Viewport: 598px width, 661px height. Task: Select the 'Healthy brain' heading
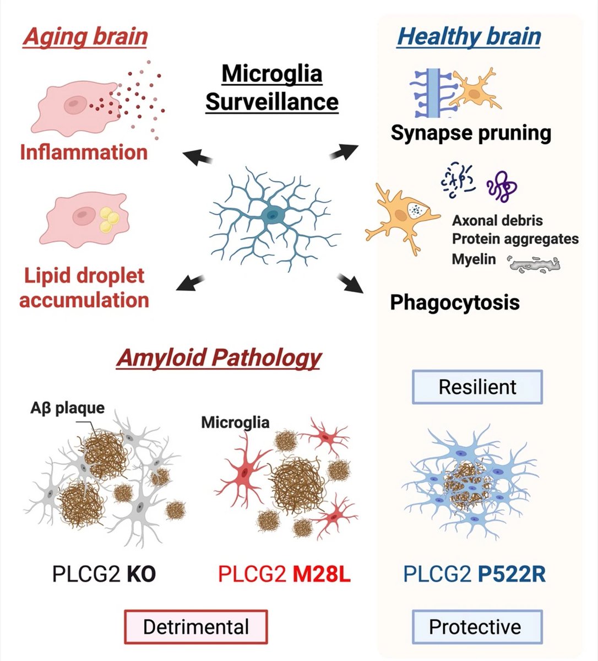click(469, 36)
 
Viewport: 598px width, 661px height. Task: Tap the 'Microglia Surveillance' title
click(271, 88)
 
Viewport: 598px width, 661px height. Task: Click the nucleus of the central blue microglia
click(270, 215)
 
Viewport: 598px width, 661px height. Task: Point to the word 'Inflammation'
click(84, 152)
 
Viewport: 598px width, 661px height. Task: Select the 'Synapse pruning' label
click(471, 133)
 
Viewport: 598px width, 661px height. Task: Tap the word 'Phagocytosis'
click(454, 302)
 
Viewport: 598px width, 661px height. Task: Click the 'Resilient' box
click(477, 387)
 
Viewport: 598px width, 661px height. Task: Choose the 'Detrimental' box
click(195, 627)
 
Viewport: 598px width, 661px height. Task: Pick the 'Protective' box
click(477, 627)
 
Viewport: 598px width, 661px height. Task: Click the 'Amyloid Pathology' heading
click(219, 358)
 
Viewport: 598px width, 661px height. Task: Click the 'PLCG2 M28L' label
click(284, 575)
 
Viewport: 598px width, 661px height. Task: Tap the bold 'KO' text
click(141, 575)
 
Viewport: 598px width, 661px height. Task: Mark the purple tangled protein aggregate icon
click(502, 186)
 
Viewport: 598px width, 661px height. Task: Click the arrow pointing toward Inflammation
click(198, 158)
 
